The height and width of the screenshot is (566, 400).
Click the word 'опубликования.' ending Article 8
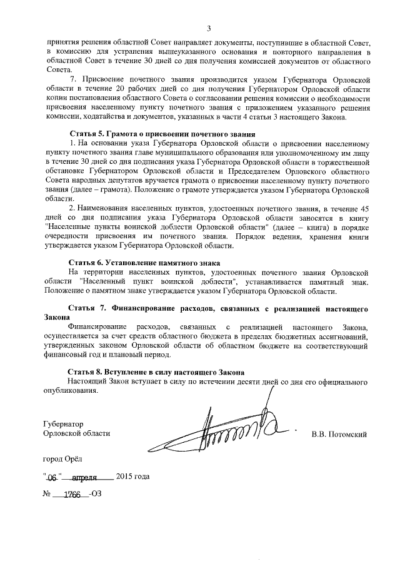[69, 392]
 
